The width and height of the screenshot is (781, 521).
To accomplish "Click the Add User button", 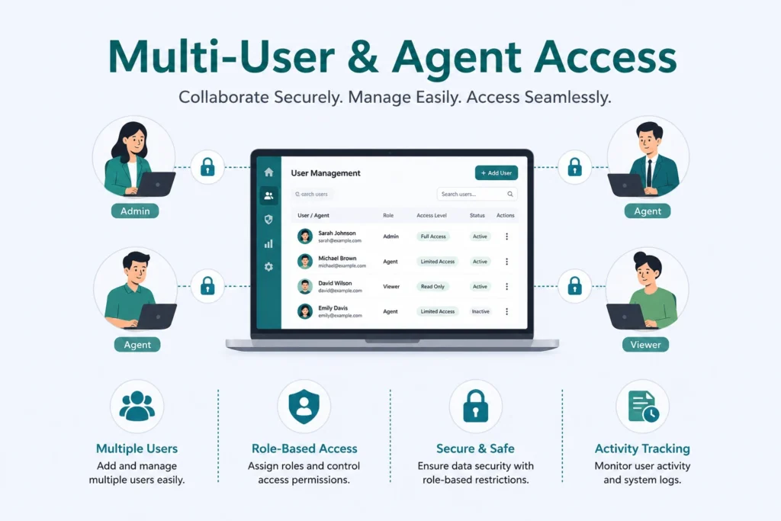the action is tap(497, 173).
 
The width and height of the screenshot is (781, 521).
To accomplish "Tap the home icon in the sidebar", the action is tap(268, 172).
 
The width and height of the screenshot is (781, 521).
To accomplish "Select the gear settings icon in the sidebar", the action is tap(268, 267).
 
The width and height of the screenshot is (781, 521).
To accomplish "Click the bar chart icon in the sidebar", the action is tap(268, 243).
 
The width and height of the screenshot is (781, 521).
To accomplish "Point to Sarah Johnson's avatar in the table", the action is tap(305, 236).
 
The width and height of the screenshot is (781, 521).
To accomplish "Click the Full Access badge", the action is tap(433, 236).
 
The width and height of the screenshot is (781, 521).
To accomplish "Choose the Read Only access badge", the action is tap(432, 286).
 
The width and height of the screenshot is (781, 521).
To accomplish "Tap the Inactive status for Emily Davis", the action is tap(480, 311).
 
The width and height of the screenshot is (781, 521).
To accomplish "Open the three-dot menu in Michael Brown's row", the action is tap(506, 262).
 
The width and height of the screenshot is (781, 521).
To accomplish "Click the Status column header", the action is tap(477, 216).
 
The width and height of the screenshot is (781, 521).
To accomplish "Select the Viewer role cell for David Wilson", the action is tap(391, 286).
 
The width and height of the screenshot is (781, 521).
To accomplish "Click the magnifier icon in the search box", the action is tap(510, 195).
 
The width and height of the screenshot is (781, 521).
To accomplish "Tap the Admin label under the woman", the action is tap(135, 211).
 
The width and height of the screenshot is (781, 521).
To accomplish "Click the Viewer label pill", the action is tap(645, 345).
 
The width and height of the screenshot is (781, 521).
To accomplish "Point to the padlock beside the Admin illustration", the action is tap(207, 167).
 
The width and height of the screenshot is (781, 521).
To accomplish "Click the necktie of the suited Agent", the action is tap(649, 173).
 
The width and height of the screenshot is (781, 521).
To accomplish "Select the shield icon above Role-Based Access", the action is tap(304, 407).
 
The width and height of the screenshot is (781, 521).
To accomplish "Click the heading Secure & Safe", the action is tap(475, 449).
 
